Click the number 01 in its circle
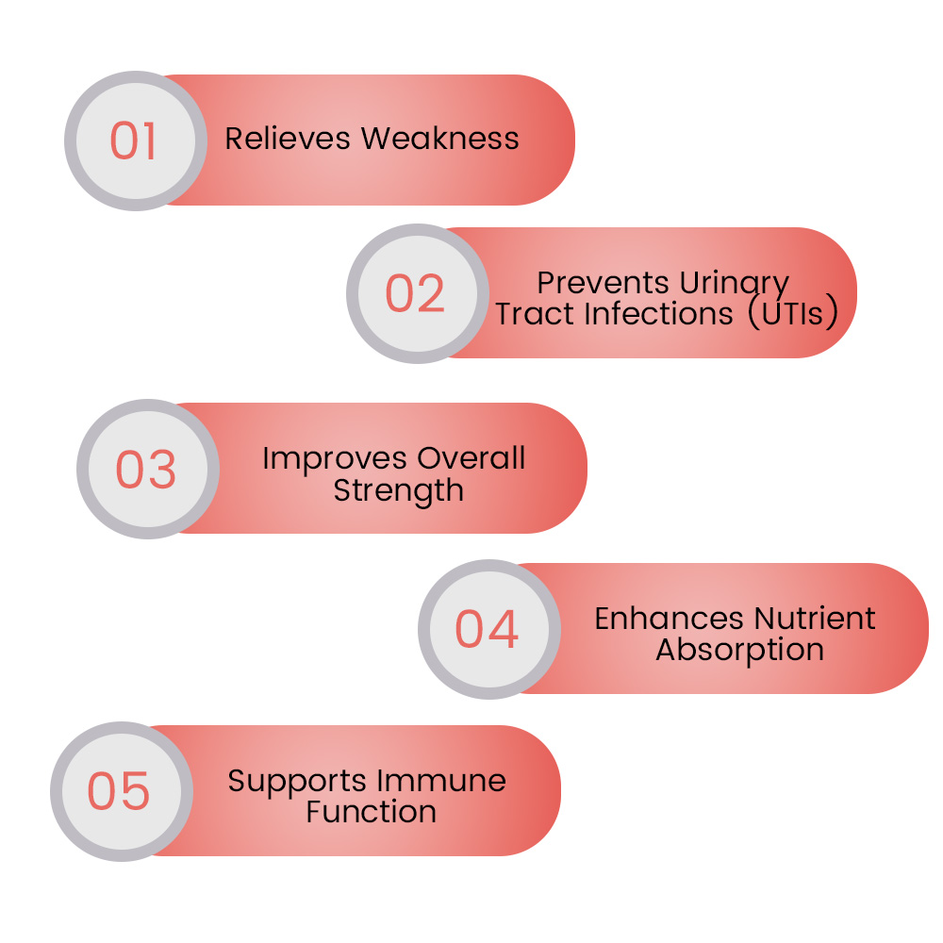click(x=133, y=141)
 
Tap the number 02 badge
click(x=415, y=293)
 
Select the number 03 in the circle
click(x=145, y=469)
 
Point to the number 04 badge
click(x=487, y=629)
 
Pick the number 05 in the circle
click(x=119, y=791)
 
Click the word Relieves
click(x=288, y=139)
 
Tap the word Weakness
click(x=440, y=139)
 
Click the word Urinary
click(x=735, y=284)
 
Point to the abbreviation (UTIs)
click(x=793, y=313)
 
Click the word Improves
click(x=335, y=459)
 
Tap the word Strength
click(x=399, y=491)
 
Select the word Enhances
click(x=669, y=619)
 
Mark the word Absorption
click(x=739, y=651)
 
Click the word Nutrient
click(x=815, y=619)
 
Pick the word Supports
click(x=297, y=782)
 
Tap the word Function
click(x=371, y=812)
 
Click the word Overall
click(x=471, y=458)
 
